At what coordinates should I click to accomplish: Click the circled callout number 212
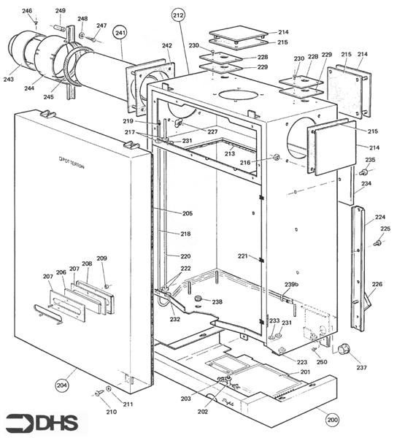click(179, 15)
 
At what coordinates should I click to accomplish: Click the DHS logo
click(43, 422)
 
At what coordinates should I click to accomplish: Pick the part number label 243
click(10, 80)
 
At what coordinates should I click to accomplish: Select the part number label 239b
click(291, 284)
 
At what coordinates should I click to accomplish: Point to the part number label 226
click(377, 285)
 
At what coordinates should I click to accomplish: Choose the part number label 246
click(27, 11)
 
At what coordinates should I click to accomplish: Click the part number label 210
click(112, 411)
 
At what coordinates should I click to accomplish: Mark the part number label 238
click(217, 301)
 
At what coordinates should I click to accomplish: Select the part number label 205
click(188, 213)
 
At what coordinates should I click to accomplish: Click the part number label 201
click(305, 372)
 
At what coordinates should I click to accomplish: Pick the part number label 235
click(370, 160)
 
